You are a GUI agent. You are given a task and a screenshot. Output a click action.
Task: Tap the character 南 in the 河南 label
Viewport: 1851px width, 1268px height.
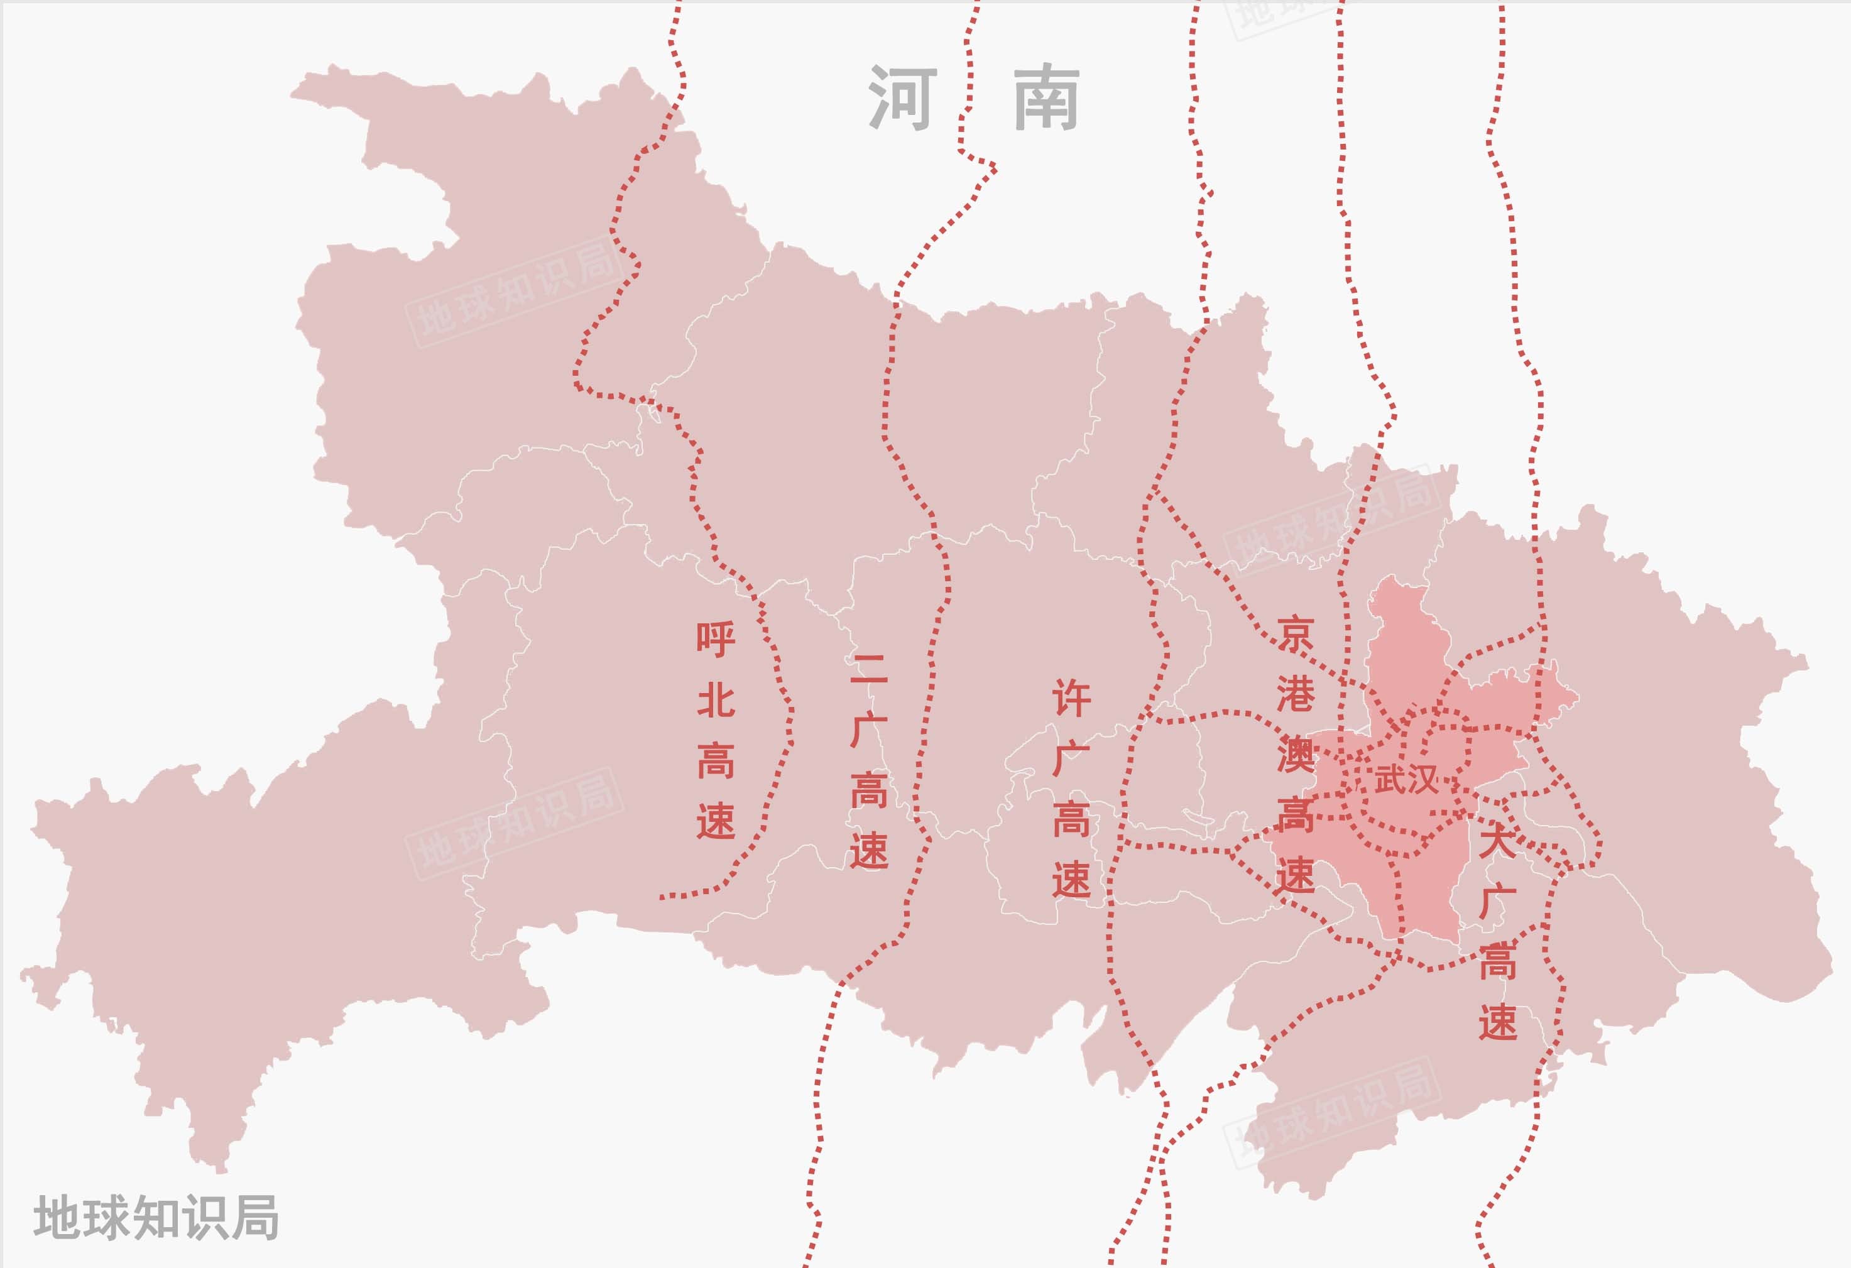pyautogui.click(x=1047, y=98)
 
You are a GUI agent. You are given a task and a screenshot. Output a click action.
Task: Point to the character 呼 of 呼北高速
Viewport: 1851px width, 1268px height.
pyautogui.click(x=715, y=639)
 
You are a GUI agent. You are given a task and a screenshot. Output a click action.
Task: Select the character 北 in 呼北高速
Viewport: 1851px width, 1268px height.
pyautogui.click(x=715, y=700)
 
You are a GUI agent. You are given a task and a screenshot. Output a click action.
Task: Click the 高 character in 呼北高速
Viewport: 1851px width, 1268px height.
pyautogui.click(x=715, y=761)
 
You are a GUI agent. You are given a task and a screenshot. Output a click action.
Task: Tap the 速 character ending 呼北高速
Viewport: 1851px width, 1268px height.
pyautogui.click(x=715, y=821)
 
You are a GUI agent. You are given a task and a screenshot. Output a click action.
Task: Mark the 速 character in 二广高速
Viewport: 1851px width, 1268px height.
pyautogui.click(x=868, y=851)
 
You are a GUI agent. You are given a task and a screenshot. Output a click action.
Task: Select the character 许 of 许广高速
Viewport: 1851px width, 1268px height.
pyautogui.click(x=1071, y=697)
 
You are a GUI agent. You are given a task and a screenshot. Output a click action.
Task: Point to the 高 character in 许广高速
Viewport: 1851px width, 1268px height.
pyautogui.click(x=1071, y=819)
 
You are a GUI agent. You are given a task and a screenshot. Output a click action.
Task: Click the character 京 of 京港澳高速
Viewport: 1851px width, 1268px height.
pyautogui.click(x=1295, y=633)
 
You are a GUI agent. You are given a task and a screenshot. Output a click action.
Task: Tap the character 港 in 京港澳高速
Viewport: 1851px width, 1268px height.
pyautogui.click(x=1295, y=694)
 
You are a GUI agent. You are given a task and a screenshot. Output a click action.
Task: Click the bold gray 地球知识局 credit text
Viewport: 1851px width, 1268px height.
pyautogui.click(x=156, y=1217)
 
